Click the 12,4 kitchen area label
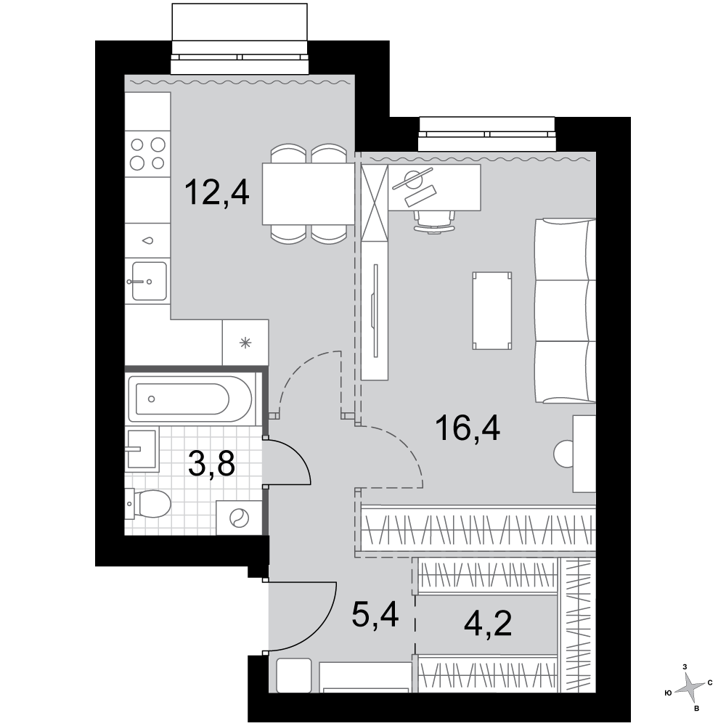click(x=216, y=193)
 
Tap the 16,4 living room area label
click(x=468, y=429)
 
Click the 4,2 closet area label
click(x=488, y=624)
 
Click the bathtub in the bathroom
click(x=189, y=399)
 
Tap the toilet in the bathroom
click(x=148, y=504)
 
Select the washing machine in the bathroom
click(x=240, y=518)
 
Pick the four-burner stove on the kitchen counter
click(x=147, y=153)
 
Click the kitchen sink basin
click(x=148, y=280)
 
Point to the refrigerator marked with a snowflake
click(x=245, y=343)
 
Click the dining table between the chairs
click(x=309, y=194)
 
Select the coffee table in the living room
click(x=492, y=311)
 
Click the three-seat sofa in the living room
click(x=566, y=311)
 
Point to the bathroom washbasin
click(x=142, y=449)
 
